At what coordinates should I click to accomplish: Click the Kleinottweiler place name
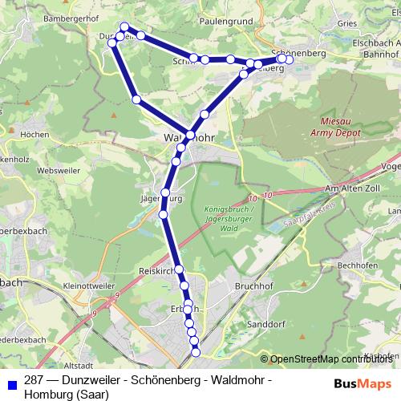tap(71, 284)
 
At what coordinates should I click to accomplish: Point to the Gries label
tap(347, 25)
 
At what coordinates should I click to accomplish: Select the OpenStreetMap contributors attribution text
tap(330, 359)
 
